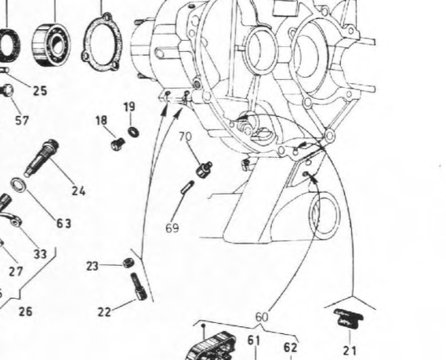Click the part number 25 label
(x=40, y=91)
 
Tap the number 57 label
(x=22, y=120)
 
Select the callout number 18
(x=101, y=120)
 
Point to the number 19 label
(x=129, y=107)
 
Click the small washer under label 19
(x=133, y=132)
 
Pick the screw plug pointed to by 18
(x=118, y=144)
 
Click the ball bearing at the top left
(x=51, y=45)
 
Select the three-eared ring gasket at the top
(x=102, y=42)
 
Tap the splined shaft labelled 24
(x=42, y=158)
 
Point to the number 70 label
(x=185, y=136)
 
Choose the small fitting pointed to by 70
(x=204, y=169)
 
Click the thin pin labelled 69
(x=188, y=187)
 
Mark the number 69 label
(x=172, y=228)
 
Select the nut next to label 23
(x=129, y=264)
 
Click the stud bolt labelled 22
(x=139, y=286)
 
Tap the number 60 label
(x=262, y=317)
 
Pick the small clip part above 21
(x=349, y=318)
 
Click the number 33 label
(x=40, y=254)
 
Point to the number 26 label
(x=26, y=311)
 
